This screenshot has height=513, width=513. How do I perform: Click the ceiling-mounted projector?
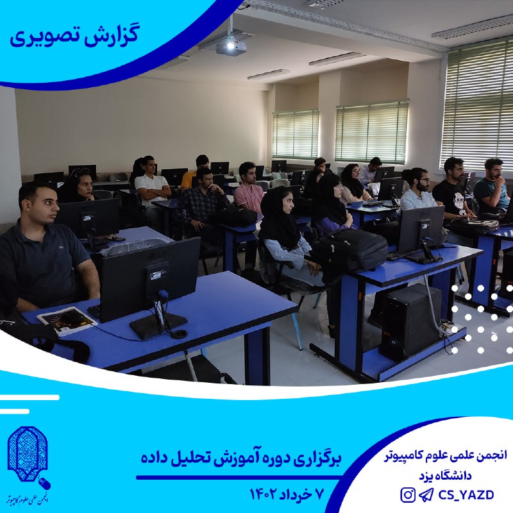tap(231, 46)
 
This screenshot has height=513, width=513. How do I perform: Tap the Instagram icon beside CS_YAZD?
tap(408, 494)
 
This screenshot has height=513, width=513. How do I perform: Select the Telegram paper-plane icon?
tap(426, 494)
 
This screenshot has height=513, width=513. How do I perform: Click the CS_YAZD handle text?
tap(466, 495)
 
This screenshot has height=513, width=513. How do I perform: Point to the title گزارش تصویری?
tap(74, 37)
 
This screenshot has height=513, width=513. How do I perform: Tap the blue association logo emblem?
tap(28, 454)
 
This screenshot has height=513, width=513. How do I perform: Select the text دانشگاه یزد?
tap(446, 475)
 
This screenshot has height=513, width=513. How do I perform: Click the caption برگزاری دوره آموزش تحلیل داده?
tap(241, 457)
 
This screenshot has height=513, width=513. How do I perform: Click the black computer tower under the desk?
tap(410, 323)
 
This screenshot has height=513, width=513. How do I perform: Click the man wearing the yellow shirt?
tap(194, 172)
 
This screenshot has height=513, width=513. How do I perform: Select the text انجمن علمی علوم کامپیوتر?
tap(445, 455)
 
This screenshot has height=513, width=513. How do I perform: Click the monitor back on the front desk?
tap(150, 280)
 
